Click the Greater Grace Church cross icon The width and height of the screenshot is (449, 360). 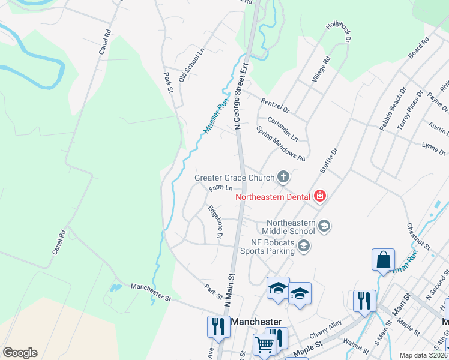[x=283, y=177]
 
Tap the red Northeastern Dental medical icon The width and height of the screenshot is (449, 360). [x=319, y=196]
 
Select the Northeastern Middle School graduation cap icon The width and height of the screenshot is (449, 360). [x=324, y=226]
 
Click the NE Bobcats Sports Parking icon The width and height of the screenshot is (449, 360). [x=303, y=245]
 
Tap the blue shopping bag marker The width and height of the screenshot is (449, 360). [x=383, y=261]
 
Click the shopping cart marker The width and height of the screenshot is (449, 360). [x=264, y=345]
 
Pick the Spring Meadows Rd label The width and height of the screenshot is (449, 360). [x=280, y=143]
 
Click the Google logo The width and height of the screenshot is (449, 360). [x=20, y=353]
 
